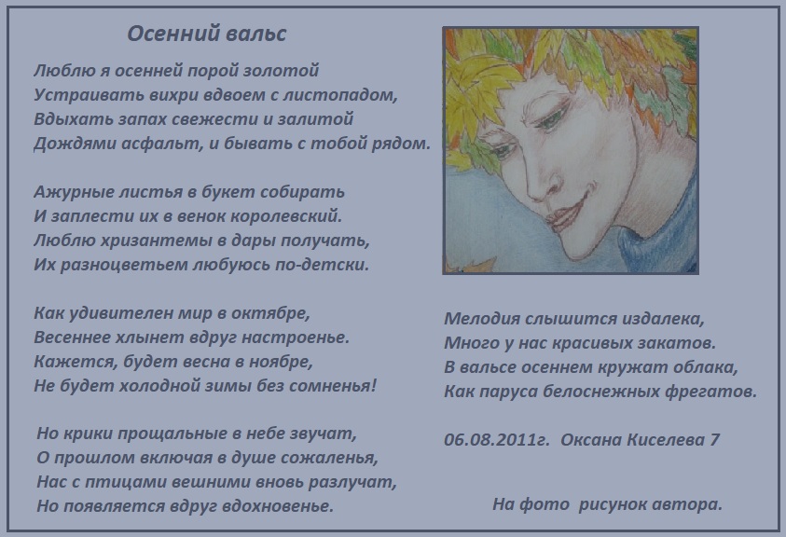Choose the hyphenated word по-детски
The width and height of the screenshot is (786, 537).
[x=322, y=264]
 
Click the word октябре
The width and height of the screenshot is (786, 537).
[x=270, y=313]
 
